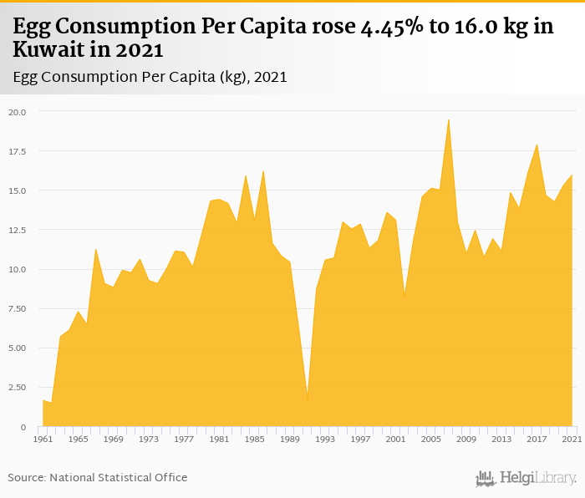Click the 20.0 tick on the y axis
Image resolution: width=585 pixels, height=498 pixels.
tap(18, 111)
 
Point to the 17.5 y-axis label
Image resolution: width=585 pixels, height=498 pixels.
tap(18, 151)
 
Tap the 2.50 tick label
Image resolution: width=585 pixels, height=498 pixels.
tap(18, 387)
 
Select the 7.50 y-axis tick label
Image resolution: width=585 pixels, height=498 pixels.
tap(18, 308)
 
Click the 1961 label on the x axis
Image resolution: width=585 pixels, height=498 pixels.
tap(42, 439)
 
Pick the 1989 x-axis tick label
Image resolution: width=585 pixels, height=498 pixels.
tap(290, 439)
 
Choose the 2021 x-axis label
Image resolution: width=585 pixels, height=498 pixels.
tap(572, 439)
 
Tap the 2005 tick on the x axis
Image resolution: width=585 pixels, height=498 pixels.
tap(431, 439)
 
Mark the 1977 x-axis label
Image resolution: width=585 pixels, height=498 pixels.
tap(184, 439)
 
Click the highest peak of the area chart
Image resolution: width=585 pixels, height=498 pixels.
tap(449, 119)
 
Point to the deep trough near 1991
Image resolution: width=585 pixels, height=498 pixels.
tap(308, 399)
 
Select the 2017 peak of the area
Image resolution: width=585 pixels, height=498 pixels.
tap(537, 145)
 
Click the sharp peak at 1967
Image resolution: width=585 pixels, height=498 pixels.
tap(95, 248)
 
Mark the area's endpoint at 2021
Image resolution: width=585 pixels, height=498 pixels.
tap(572, 175)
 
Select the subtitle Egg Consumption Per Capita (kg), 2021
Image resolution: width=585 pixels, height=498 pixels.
tap(150, 77)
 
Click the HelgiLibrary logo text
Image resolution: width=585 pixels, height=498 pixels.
tap(526, 478)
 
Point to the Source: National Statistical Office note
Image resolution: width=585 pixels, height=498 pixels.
tap(98, 477)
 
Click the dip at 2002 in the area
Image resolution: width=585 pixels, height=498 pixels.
tap(404, 297)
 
